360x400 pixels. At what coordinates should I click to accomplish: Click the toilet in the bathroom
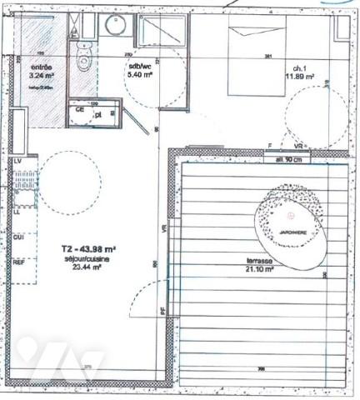tap(82, 57)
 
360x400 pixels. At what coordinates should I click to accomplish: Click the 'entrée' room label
tap(42, 67)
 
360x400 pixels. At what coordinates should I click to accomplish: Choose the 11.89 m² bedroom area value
tap(298, 77)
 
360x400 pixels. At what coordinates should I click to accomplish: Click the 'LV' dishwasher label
tap(17, 159)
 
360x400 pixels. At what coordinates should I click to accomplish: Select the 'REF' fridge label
tap(17, 262)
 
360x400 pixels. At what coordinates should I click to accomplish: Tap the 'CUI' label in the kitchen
tap(17, 237)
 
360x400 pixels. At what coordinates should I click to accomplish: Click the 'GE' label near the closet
tap(80, 109)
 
